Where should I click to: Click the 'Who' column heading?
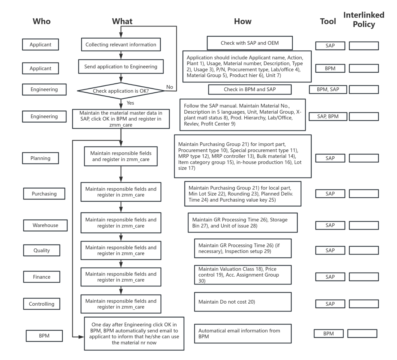click(41, 21)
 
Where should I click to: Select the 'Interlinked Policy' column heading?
click(363, 19)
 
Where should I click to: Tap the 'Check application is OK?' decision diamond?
click(121, 91)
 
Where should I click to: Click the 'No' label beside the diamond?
click(170, 87)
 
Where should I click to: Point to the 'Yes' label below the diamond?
click(130, 103)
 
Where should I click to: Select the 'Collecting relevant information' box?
click(121, 45)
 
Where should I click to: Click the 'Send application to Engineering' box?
click(121, 67)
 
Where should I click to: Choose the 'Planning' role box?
click(40, 158)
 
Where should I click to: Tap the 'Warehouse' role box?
click(45, 225)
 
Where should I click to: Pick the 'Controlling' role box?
click(41, 304)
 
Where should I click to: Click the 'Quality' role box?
click(41, 250)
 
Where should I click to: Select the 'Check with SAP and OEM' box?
click(249, 43)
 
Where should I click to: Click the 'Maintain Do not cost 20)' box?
click(243, 302)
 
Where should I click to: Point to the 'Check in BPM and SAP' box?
click(249, 89)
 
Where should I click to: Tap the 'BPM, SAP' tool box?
click(328, 89)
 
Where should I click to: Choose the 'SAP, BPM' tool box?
click(328, 116)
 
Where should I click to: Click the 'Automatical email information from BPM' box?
click(243, 334)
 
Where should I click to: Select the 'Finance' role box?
click(41, 277)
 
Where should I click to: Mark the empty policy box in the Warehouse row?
click(364, 225)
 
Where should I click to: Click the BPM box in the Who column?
click(44, 336)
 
